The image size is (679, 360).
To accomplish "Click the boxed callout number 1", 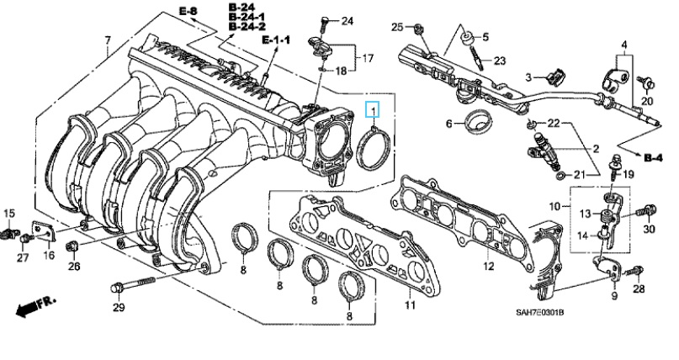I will [x=372, y=109].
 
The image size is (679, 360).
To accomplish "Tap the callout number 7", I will [x=107, y=41].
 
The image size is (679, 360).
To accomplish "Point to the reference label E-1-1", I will [x=274, y=40].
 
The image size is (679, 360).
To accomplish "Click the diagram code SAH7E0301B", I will [x=539, y=314].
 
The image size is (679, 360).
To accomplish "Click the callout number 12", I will [x=488, y=267].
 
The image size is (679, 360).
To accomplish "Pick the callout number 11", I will [x=411, y=304].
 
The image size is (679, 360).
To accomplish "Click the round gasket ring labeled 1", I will [x=371, y=146].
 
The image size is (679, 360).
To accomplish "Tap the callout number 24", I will [x=347, y=19].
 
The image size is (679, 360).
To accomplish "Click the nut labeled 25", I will [x=422, y=30].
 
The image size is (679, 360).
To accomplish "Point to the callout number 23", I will [x=499, y=61].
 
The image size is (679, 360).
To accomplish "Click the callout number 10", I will [x=554, y=206].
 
